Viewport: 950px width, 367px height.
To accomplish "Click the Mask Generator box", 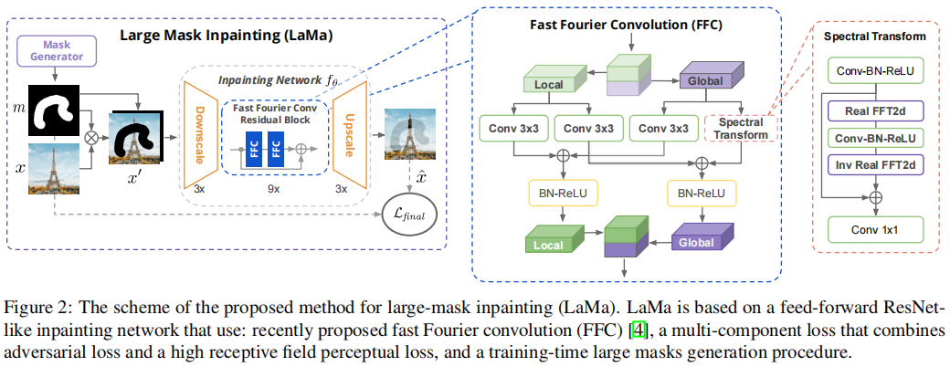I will coord(63,49).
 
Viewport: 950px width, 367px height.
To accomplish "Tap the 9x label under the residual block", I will coord(274,190).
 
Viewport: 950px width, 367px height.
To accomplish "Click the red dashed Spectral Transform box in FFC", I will coord(740,128).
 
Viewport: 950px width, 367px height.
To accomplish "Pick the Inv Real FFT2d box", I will coord(874,164).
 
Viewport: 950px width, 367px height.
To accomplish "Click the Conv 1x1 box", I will coord(874,226).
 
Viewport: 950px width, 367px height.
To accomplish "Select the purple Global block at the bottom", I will coord(701,241).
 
